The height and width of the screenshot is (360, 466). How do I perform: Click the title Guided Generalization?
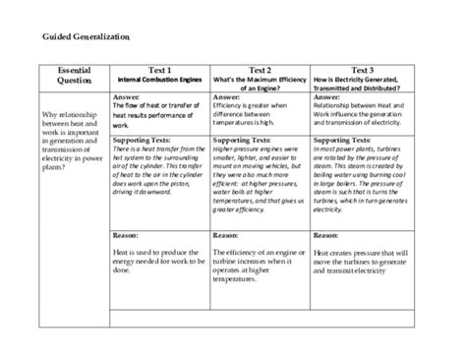pos(86,36)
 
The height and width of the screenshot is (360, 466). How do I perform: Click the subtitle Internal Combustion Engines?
pos(159,80)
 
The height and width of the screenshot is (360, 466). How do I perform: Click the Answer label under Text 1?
pos(127,98)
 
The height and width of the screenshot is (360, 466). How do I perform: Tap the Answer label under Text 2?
pos(227,98)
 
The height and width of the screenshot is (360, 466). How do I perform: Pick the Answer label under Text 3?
pos(327,98)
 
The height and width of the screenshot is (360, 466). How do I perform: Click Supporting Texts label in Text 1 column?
pos(142,140)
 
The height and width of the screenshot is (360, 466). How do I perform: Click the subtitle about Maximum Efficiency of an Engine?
pos(260,84)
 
